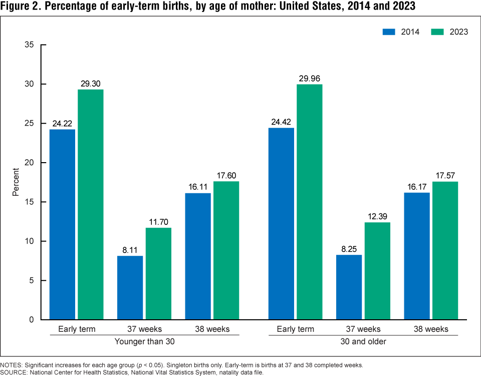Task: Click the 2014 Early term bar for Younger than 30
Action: coord(62,224)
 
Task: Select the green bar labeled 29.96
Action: coord(309,202)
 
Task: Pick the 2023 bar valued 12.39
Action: coord(377,271)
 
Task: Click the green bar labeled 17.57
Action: coord(445,250)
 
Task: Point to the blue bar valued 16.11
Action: coord(198,256)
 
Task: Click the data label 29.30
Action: coord(91,83)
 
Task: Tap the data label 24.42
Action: coord(281,122)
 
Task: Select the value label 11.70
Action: coord(158,222)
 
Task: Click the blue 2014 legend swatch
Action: coord(389,32)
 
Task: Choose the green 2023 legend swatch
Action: coord(438,32)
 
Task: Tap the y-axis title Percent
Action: coord(16,182)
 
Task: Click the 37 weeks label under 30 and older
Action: coord(363,329)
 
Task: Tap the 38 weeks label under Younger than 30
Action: coord(212,329)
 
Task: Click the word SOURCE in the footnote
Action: coord(15,372)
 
